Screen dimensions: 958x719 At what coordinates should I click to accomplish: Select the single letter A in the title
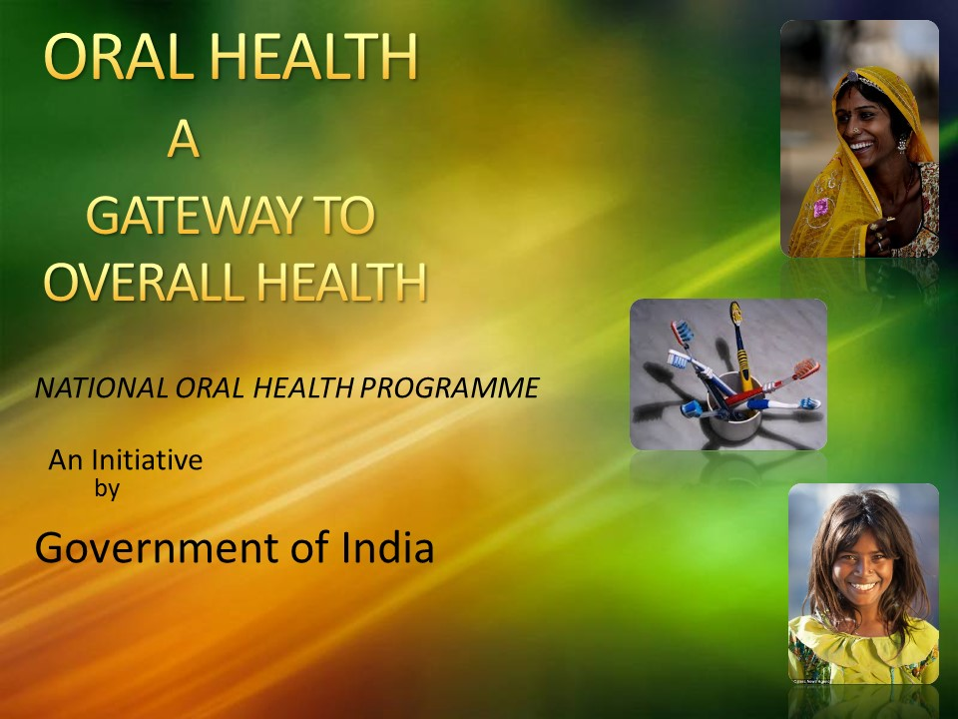coord(184,140)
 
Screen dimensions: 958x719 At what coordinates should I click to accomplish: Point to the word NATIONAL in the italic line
coord(100,387)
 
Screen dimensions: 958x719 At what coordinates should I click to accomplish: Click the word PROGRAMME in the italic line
coord(450,387)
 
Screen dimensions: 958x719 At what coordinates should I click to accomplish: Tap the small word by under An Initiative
coord(107,489)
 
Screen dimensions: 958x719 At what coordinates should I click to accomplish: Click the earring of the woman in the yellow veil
coord(902,144)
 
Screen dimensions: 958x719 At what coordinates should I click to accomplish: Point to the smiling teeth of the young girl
coord(863,587)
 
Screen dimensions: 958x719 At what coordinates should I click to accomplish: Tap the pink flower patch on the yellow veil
coord(820,207)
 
